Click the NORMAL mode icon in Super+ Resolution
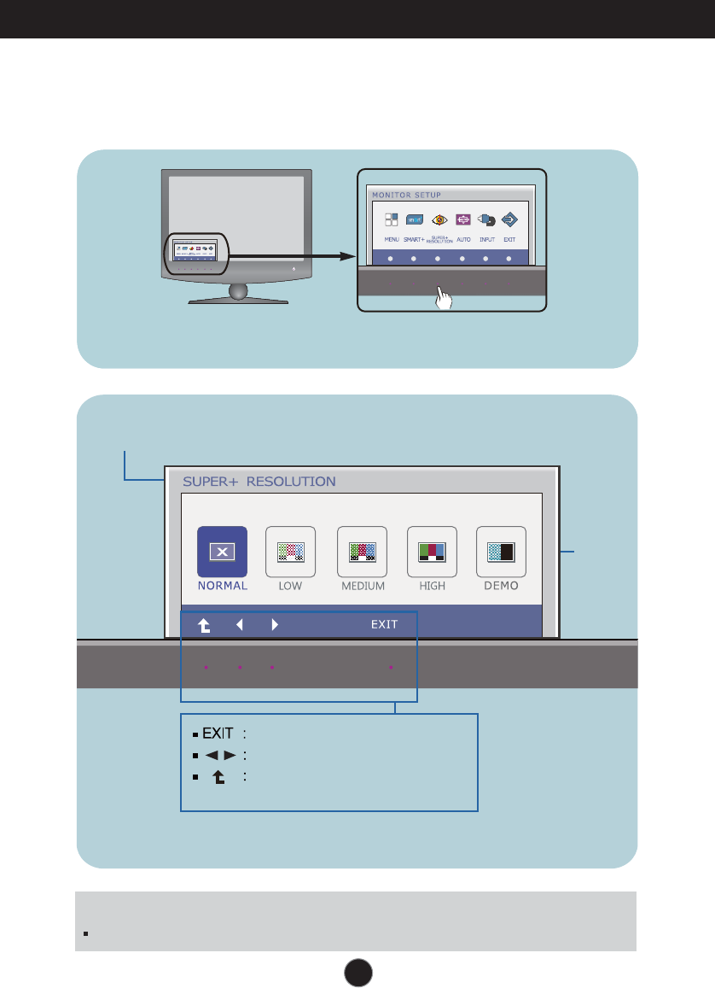tap(222, 552)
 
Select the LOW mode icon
tap(290, 552)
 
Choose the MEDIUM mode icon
tap(362, 552)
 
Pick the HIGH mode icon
tap(432, 552)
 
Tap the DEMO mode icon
tap(501, 552)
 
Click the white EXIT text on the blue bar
tap(384, 625)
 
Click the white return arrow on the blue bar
tap(205, 625)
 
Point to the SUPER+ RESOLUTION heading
tap(259, 482)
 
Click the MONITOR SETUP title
tap(406, 195)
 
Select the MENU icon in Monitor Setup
tap(391, 219)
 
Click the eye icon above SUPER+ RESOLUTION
tap(439, 219)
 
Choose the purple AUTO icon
tap(463, 219)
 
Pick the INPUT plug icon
tap(486, 219)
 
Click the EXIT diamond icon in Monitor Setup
tap(510, 219)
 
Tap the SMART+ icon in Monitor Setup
tap(415, 219)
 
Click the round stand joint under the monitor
tap(238, 291)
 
